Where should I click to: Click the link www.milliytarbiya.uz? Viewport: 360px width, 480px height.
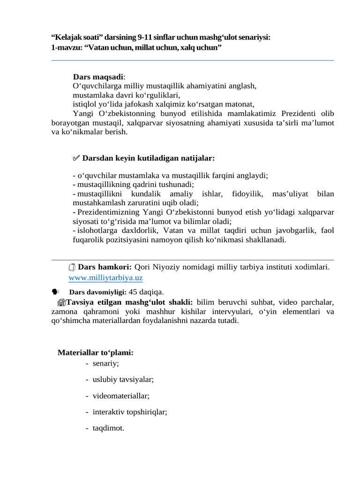(99, 277)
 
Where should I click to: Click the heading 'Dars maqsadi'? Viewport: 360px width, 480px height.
(98, 76)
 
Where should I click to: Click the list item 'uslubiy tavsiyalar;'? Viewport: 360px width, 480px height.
(123, 379)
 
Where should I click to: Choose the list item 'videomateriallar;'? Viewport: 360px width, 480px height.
(121, 396)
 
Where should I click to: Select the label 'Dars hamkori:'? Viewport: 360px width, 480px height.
(105, 267)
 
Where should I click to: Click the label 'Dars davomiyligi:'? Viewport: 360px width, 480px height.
(97, 292)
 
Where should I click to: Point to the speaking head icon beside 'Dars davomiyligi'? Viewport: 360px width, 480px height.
(56, 291)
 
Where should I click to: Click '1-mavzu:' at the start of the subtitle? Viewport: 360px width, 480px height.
(66, 48)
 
